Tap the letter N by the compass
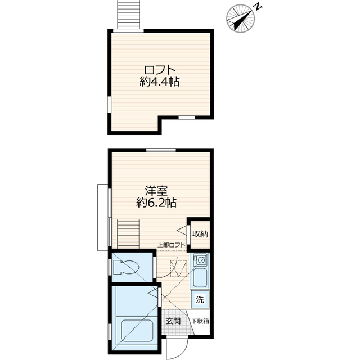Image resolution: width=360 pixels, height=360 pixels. point(256,7)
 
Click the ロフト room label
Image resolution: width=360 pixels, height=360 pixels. point(160,70)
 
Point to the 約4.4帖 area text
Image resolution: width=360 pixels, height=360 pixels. point(160,82)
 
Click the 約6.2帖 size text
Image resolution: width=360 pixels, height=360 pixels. point(152,202)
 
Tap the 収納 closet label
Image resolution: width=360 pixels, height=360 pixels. point(200,233)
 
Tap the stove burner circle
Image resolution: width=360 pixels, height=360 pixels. point(200,260)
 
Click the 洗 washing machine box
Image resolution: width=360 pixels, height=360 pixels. point(200,299)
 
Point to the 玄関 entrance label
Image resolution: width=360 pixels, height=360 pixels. point(173,321)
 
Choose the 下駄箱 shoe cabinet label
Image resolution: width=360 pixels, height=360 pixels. point(200,322)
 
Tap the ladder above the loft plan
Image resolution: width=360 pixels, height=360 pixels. point(128,13)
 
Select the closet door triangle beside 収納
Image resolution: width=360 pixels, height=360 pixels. point(182,231)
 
